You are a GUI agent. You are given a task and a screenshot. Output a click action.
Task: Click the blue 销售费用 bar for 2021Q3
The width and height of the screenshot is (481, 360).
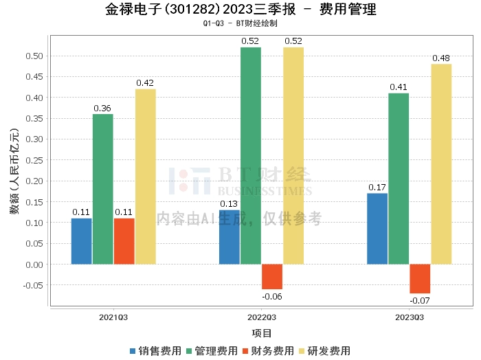(81, 241)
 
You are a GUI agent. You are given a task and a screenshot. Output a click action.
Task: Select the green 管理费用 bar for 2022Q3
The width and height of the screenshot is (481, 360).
(251, 156)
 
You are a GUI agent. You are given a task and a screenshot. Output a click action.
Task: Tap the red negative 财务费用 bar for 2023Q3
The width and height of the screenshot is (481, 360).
(420, 278)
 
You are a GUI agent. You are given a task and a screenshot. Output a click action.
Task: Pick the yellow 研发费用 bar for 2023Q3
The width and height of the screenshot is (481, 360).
(441, 164)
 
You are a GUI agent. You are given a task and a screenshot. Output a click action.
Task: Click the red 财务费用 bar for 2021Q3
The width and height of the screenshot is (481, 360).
(124, 241)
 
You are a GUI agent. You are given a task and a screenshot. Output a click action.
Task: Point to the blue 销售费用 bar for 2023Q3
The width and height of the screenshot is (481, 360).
(377, 229)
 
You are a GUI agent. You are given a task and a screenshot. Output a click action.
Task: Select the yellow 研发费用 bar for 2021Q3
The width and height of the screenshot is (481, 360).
(146, 177)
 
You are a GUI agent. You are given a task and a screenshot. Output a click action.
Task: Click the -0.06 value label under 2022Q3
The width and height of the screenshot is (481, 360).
(272, 297)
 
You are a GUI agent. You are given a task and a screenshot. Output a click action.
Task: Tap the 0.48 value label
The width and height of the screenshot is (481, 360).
(441, 58)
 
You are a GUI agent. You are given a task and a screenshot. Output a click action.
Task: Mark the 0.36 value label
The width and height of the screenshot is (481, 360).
(102, 109)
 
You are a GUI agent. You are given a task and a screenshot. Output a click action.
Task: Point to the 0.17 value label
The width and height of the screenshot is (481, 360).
(377, 188)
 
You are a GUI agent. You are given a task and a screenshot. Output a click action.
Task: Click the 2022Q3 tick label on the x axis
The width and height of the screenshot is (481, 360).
(262, 317)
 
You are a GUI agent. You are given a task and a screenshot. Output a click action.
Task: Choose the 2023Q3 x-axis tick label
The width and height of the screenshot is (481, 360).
(410, 317)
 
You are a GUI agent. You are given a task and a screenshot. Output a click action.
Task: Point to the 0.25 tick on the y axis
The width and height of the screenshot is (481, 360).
(34, 160)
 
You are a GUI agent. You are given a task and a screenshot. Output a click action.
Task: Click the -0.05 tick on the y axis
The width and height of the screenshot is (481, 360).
(33, 285)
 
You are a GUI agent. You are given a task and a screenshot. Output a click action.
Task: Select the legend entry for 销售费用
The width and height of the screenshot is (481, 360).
(155, 351)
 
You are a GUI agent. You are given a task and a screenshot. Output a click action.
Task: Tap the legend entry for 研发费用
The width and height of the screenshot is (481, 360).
(324, 351)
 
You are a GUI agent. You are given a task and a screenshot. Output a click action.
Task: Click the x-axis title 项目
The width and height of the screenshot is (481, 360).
(262, 333)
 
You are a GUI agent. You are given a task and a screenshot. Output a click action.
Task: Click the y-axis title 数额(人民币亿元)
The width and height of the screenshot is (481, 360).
(14, 171)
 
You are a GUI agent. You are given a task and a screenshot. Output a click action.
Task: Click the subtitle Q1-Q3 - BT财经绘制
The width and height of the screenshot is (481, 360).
(240, 23)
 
